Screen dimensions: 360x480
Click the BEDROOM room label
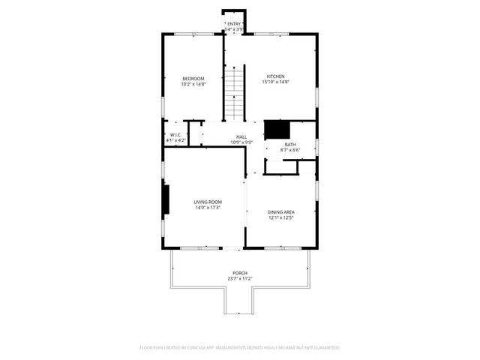(x=193, y=79)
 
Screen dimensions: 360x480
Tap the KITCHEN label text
(x=275, y=76)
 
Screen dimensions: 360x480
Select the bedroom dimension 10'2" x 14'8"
(x=193, y=84)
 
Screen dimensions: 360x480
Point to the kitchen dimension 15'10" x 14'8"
(x=275, y=82)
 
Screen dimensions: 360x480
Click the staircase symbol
(x=235, y=91)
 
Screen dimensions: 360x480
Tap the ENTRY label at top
(x=234, y=24)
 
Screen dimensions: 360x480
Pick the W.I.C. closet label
(x=176, y=135)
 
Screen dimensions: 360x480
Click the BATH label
(x=289, y=145)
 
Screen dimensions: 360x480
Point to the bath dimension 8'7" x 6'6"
(x=289, y=150)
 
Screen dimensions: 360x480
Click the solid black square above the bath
(x=276, y=128)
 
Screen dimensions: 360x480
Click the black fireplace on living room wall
(x=167, y=199)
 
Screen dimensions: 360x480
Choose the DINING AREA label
(x=280, y=212)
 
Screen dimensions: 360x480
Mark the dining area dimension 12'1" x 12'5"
(x=280, y=217)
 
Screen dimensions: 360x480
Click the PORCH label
(x=240, y=273)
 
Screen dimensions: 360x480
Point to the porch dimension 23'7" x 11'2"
(x=240, y=278)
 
